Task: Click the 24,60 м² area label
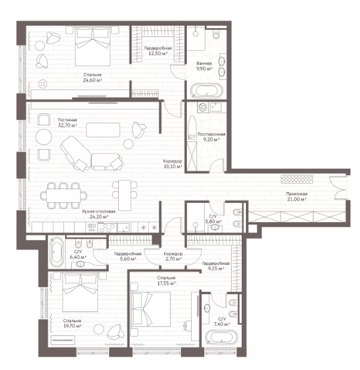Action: click(93, 80)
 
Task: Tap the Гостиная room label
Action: click(67, 120)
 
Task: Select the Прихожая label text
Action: click(297, 194)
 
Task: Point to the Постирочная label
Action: click(211, 134)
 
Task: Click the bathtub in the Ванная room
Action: click(207, 91)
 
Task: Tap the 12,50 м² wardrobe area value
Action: click(158, 53)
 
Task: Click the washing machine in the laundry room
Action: click(203, 107)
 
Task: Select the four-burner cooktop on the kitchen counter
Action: click(107, 228)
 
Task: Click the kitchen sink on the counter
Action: click(124, 228)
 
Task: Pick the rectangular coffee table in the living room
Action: click(103, 129)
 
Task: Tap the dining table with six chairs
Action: click(63, 196)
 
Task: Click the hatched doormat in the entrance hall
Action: click(297, 179)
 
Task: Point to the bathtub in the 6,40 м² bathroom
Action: click(57, 252)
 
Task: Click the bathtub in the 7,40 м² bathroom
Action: click(221, 337)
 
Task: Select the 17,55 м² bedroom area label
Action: click(167, 283)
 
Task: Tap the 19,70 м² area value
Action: click(72, 326)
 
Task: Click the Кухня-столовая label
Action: click(99, 211)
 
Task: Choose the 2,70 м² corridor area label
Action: click(173, 259)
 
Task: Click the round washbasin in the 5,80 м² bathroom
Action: click(215, 227)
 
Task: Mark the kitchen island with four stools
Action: click(125, 195)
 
